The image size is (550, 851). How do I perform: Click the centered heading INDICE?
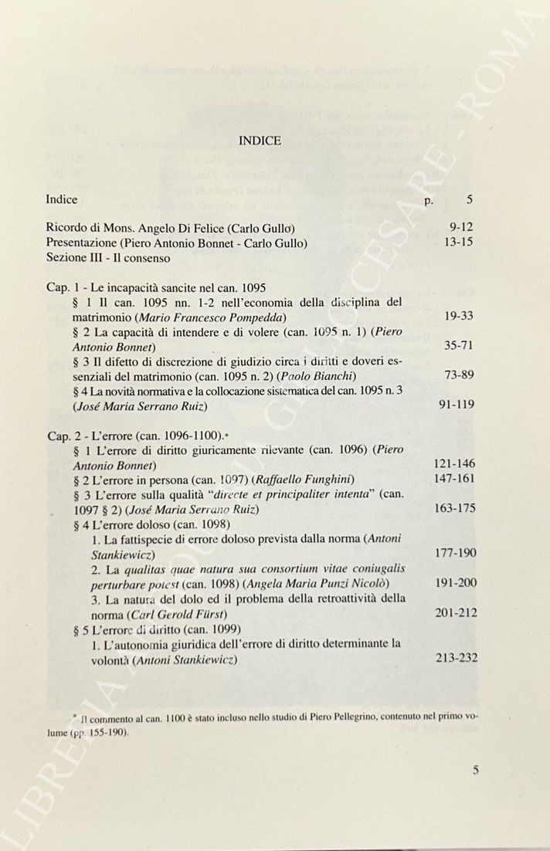point(260,141)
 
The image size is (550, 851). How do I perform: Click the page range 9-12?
point(460,228)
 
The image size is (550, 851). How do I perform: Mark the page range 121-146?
point(454,464)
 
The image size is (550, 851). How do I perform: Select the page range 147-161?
point(454,479)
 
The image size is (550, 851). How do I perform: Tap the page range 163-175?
point(454,508)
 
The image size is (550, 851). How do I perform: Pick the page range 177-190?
point(456,554)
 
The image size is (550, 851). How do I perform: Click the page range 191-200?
point(456,583)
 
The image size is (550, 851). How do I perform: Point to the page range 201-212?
point(456,613)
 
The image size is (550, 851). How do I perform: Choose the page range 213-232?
point(456,658)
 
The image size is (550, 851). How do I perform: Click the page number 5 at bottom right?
point(476,769)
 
